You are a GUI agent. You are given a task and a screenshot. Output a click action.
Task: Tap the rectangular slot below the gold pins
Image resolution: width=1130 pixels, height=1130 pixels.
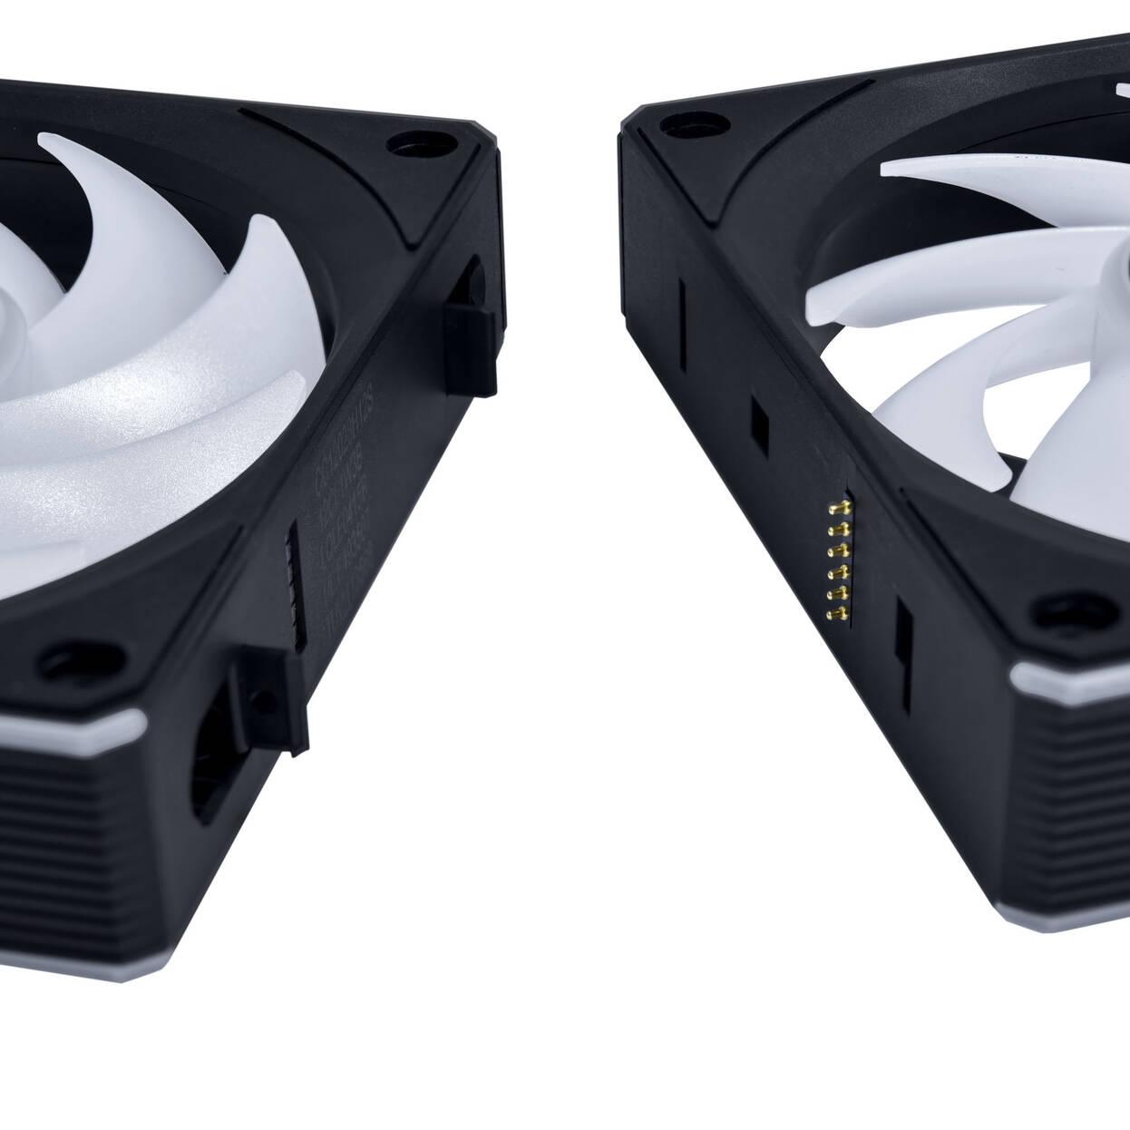(x=904, y=632)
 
